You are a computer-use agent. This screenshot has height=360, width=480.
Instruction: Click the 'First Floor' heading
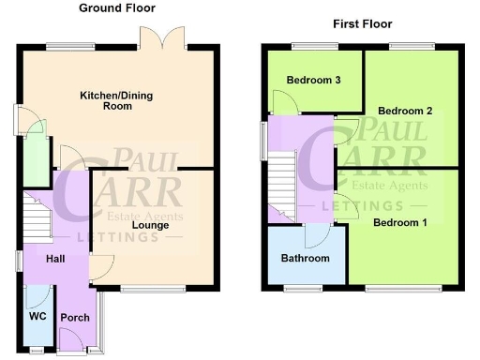pos(362,23)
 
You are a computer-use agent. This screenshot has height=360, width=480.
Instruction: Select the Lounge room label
pos(150,225)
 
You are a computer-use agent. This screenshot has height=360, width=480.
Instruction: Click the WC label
pos(37,316)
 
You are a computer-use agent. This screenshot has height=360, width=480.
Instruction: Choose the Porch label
pos(75,318)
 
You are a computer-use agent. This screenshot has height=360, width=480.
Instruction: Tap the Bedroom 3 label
pos(314,80)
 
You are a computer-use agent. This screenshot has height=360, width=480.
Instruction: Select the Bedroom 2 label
pos(405,111)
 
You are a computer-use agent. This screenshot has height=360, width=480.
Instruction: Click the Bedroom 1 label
pos(400,222)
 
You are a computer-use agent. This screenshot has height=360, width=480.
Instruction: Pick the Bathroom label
pos(306,258)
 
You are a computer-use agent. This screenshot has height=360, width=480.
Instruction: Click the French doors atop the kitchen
pos(161,40)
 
